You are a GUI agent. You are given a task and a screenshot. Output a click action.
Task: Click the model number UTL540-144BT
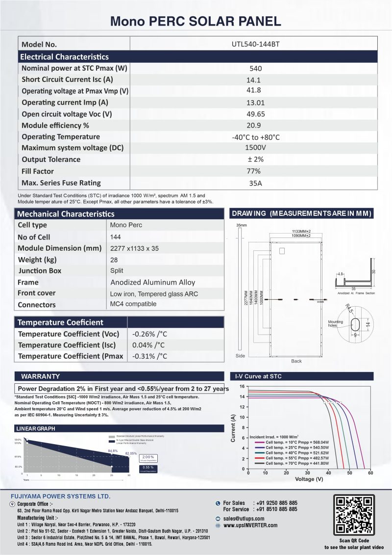(256, 44)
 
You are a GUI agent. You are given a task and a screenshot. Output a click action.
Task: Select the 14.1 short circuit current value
(255, 80)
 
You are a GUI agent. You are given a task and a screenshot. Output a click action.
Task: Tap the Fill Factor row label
(38, 171)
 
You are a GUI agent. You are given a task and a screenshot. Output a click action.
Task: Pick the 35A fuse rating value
(256, 184)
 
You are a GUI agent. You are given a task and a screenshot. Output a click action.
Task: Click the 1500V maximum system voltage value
(255, 148)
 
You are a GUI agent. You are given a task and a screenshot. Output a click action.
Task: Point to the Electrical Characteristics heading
(64, 57)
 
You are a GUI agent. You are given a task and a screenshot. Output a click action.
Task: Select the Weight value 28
(115, 259)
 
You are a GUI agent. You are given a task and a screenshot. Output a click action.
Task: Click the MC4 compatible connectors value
(133, 304)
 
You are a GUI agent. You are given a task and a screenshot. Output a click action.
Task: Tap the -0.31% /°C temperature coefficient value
(149, 356)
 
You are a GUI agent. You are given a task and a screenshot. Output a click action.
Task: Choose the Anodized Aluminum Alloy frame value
(153, 282)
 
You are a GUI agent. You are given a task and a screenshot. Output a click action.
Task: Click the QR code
(354, 515)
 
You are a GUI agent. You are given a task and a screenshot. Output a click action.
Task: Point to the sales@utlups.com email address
(244, 518)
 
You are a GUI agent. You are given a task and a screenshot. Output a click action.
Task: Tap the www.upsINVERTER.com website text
(250, 525)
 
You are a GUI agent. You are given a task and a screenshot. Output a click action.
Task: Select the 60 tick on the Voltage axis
(370, 473)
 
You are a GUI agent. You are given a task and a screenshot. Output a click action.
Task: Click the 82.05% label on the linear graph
(131, 453)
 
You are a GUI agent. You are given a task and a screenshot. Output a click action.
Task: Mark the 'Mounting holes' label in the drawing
(335, 323)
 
